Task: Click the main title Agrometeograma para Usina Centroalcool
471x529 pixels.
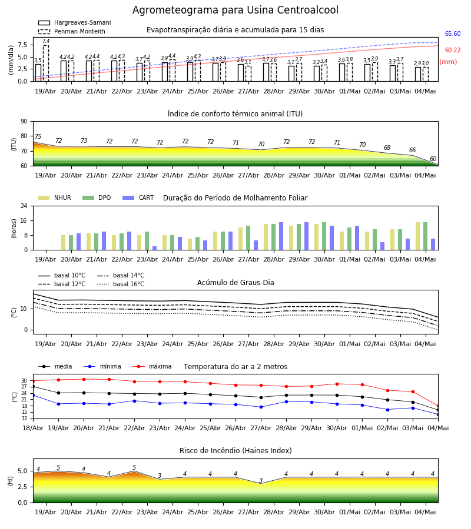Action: [235, 10]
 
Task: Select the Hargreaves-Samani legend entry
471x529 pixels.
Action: [75, 22]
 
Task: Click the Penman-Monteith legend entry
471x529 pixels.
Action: [72, 31]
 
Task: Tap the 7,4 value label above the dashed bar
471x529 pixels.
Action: [46, 41]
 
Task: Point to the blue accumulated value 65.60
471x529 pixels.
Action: [453, 34]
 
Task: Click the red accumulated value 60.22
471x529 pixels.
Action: [453, 51]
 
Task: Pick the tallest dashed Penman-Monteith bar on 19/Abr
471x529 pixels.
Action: [46, 63]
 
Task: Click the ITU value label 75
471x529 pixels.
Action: [38, 136]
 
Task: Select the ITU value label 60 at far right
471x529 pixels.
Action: [433, 159]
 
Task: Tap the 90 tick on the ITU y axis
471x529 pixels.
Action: [24, 122]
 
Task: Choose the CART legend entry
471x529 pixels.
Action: [138, 197]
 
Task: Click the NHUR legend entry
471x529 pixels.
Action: [55, 197]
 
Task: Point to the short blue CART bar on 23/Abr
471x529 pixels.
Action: [154, 248]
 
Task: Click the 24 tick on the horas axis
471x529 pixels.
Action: [24, 206]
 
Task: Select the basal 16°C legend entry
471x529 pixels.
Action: [121, 284]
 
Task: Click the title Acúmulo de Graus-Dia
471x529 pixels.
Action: [235, 283]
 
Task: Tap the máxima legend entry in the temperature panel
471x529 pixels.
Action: [152, 366]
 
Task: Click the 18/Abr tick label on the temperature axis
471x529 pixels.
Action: [33, 428]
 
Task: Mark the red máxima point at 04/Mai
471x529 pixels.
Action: [438, 406]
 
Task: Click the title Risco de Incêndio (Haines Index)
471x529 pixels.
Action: [235, 451]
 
